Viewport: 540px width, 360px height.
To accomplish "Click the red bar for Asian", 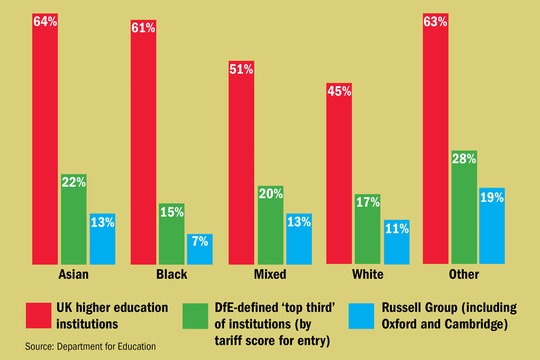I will pyautogui.click(x=45, y=144).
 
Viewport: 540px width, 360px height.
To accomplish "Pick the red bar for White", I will pyautogui.click(x=339, y=180).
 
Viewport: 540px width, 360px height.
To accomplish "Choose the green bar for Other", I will pyautogui.click(x=464, y=212).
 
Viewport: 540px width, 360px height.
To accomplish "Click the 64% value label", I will pyautogui.click(x=45, y=22).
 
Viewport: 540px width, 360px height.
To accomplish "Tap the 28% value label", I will pyautogui.click(x=464, y=159).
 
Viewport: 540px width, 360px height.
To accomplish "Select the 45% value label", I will pyautogui.click(x=339, y=91).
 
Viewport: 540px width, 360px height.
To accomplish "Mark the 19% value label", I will pyautogui.click(x=492, y=197).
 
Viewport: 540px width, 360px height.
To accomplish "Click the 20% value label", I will pyautogui.click(x=271, y=194).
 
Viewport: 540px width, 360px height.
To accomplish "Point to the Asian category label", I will pyautogui.click(x=73, y=274).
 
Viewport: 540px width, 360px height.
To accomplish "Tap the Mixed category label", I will pyautogui.click(x=270, y=274).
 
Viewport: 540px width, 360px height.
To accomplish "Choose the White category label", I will pyautogui.click(x=368, y=274).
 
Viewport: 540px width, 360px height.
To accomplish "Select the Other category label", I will pyautogui.click(x=464, y=274).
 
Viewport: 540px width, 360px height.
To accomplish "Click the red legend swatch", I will pyautogui.click(x=39, y=315).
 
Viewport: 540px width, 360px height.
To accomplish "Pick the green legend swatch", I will pyautogui.click(x=195, y=316).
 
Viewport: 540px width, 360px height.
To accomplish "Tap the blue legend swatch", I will pyautogui.click(x=361, y=316).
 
